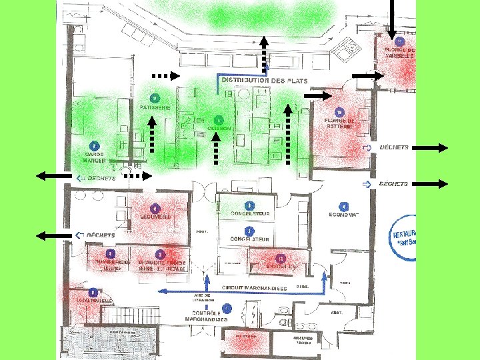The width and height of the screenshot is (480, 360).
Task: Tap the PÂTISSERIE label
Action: (155, 107)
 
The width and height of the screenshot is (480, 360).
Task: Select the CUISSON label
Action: (219, 128)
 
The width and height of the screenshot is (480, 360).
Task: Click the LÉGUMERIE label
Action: (156, 217)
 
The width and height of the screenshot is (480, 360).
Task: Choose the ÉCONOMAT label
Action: (344, 215)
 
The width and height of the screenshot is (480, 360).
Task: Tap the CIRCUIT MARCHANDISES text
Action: (254, 289)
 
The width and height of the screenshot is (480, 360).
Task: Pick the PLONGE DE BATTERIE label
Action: (339, 123)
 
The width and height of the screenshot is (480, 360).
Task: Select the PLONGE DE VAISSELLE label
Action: (400, 53)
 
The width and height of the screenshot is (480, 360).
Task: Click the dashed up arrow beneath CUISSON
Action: (215, 147)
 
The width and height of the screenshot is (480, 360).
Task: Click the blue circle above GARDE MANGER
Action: (94, 145)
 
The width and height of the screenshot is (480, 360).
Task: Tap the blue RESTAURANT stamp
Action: (403, 237)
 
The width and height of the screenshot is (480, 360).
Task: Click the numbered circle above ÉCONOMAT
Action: (344, 206)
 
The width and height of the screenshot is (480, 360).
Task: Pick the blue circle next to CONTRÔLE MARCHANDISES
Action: (227, 308)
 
